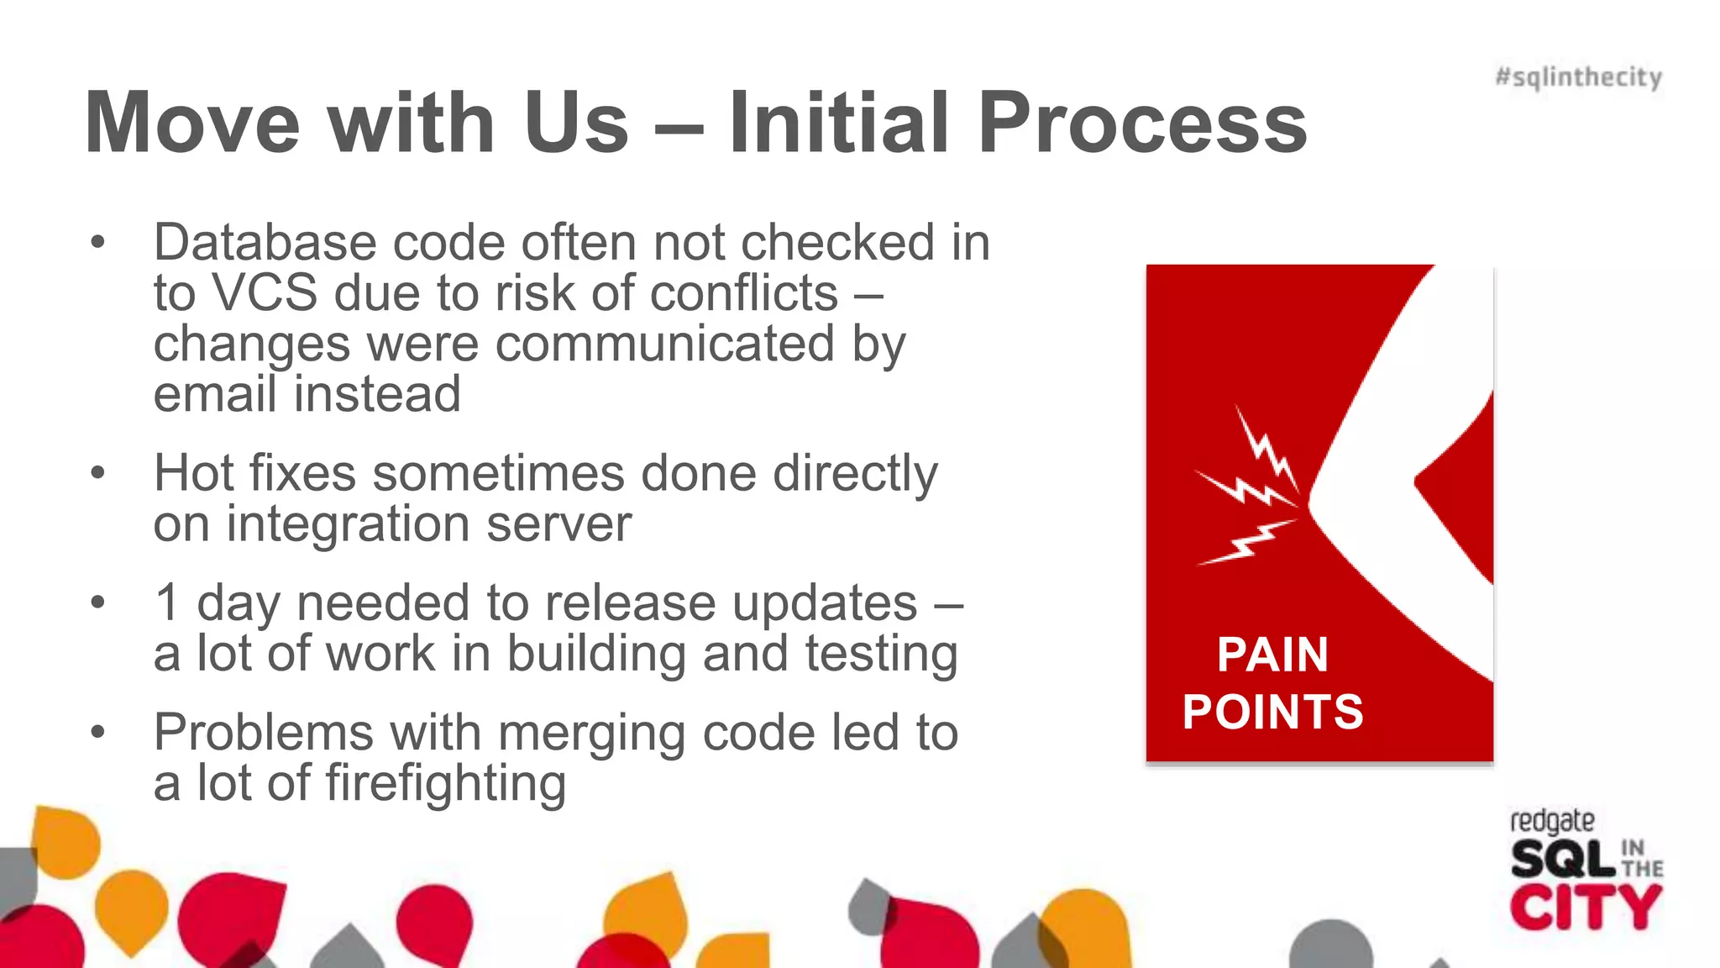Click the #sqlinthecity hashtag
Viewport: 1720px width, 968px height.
pyautogui.click(x=1578, y=77)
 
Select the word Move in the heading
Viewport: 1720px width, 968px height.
pyautogui.click(x=192, y=124)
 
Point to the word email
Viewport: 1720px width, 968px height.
pyautogui.click(x=215, y=394)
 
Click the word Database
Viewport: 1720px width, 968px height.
pyautogui.click(x=265, y=244)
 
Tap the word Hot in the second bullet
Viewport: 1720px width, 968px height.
pyautogui.click(x=196, y=473)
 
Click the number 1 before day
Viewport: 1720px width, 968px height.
pyautogui.click(x=167, y=603)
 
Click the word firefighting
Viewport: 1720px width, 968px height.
pyautogui.click(x=445, y=784)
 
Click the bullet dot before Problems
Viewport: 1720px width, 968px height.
pyautogui.click(x=98, y=732)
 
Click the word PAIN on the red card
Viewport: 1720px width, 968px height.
pyautogui.click(x=1272, y=655)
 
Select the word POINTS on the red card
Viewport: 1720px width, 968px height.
pyautogui.click(x=1272, y=712)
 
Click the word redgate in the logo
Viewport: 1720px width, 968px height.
pyautogui.click(x=1551, y=821)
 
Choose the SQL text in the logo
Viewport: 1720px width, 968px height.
pyautogui.click(x=1562, y=860)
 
